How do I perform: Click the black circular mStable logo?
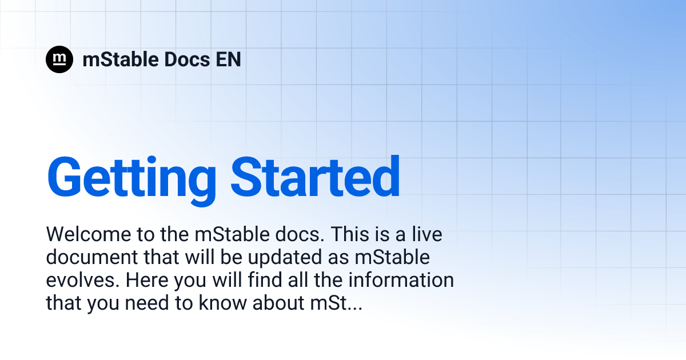59,59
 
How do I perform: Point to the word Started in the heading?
315,177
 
